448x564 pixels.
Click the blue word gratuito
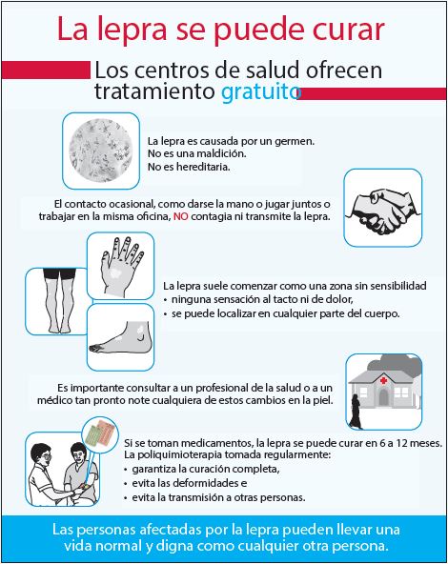click(260, 92)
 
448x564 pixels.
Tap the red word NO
click(181, 217)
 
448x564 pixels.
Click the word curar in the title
click(348, 30)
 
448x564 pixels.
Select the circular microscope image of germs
click(101, 151)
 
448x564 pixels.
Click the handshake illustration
click(382, 211)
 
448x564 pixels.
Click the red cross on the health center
click(383, 380)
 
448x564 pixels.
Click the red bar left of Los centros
click(46, 70)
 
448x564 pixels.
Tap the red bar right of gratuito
click(372, 93)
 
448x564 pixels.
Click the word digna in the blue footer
click(174, 547)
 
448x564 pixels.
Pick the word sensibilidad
click(398, 286)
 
